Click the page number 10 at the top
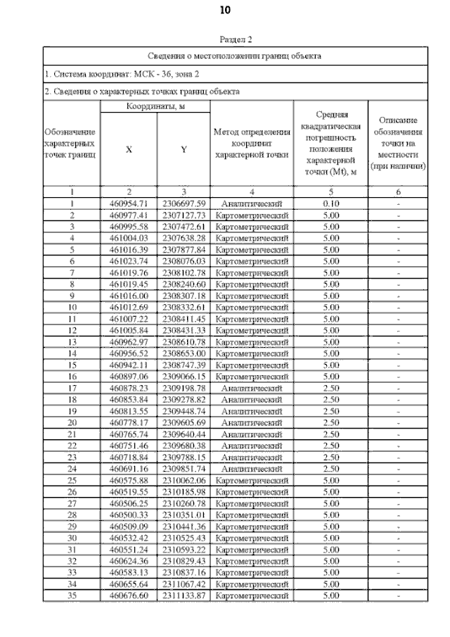click(225, 11)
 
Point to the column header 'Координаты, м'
click(155, 106)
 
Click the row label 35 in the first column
click(72, 595)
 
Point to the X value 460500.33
click(128, 515)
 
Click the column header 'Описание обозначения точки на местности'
click(398, 143)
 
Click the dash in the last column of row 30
click(398, 538)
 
